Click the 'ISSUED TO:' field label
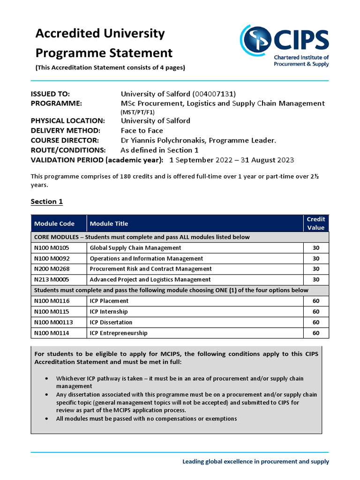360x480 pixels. click(50, 94)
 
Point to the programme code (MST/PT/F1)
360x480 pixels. click(138, 112)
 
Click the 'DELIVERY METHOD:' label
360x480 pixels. click(65, 130)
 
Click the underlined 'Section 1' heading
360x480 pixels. click(46, 202)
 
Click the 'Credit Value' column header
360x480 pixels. click(315, 223)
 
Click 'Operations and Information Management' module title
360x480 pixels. click(146, 259)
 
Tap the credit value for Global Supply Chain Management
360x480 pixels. click(315, 248)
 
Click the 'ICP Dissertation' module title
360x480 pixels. click(111, 322)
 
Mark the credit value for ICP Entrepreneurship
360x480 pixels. click(315, 333)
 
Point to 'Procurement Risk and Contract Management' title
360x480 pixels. click(150, 269)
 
